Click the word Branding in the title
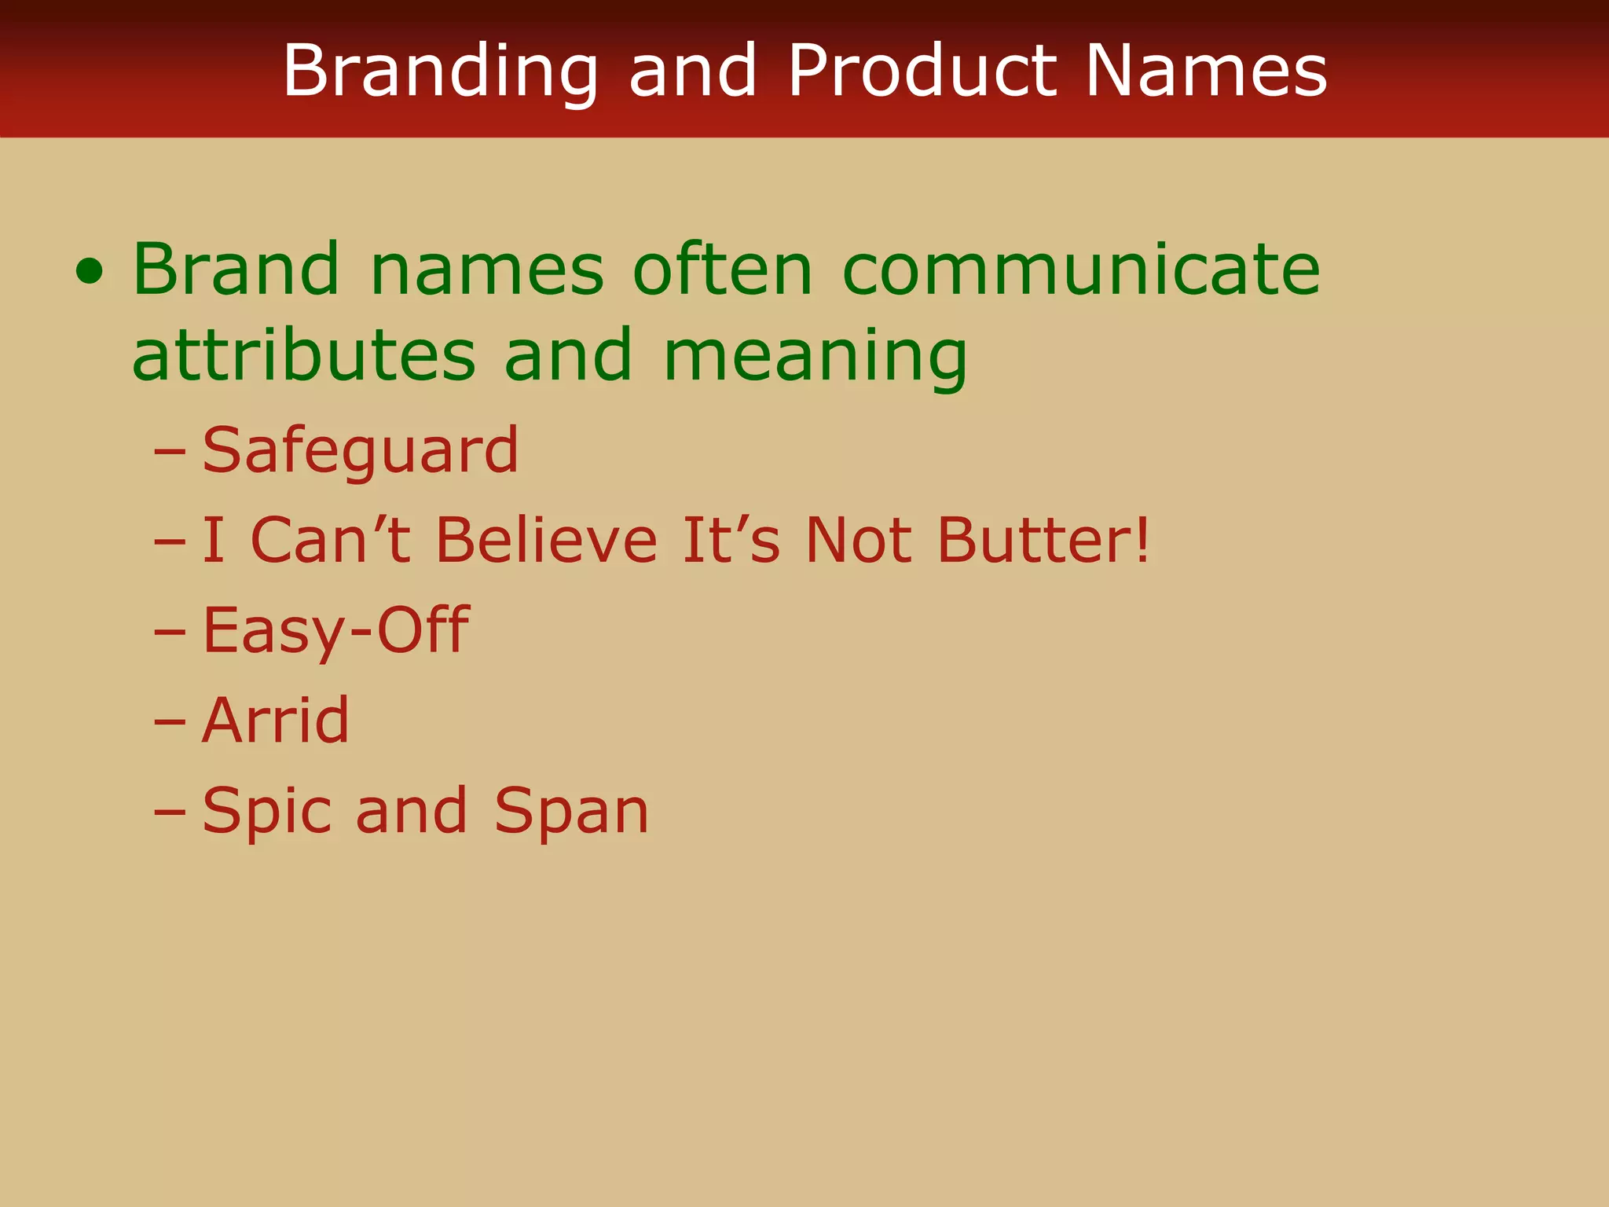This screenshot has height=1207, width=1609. [441, 72]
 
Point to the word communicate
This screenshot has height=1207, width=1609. [1081, 270]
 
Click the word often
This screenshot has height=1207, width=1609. [723, 270]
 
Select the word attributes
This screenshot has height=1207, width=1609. [304, 355]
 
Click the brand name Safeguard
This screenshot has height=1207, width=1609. [360, 451]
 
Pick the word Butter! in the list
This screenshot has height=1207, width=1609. [1043, 541]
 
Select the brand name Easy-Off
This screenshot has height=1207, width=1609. [335, 631]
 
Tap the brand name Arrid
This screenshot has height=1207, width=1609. [275, 721]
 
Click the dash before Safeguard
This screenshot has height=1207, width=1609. [170, 453]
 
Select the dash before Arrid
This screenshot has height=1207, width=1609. [170, 722]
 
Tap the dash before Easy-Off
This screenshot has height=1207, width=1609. [170, 633]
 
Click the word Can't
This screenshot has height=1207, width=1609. [330, 541]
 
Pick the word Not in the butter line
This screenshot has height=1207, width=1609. [859, 541]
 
